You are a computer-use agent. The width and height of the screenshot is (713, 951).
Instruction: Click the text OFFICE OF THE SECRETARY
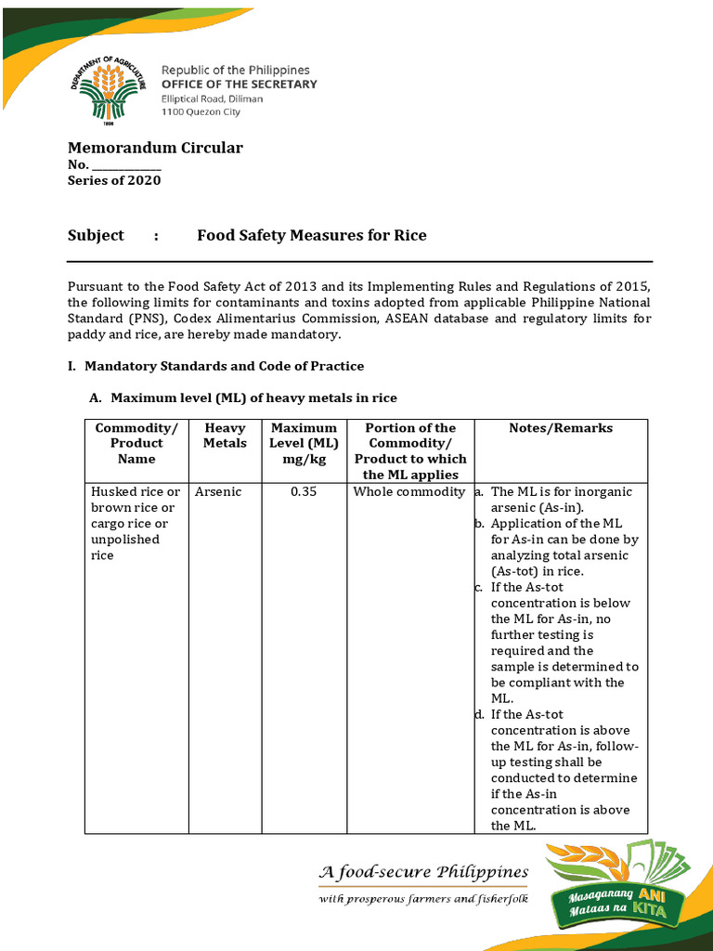tap(240, 85)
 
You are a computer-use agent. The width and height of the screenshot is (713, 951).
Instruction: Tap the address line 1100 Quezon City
tap(201, 112)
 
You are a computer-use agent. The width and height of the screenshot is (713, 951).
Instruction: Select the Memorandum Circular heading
tap(155, 148)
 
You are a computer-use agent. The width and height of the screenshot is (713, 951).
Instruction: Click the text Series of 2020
tap(114, 180)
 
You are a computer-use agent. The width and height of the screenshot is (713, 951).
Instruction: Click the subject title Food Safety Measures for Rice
tap(311, 235)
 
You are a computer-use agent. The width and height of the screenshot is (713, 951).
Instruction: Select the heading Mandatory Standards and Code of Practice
tap(224, 366)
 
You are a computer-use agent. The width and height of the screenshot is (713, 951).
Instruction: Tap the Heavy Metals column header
tap(225, 436)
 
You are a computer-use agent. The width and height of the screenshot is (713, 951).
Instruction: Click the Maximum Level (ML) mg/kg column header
tap(304, 443)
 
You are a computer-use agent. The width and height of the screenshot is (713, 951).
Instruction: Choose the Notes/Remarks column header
tap(561, 428)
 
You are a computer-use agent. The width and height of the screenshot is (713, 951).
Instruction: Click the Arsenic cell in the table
tap(218, 491)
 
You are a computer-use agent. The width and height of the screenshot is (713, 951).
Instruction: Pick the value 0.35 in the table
tap(304, 491)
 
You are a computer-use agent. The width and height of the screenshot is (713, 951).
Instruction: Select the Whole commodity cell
tap(408, 491)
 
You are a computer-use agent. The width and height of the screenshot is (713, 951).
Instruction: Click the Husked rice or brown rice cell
tap(136, 523)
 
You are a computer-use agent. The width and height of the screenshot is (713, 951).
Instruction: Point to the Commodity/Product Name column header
tap(136, 443)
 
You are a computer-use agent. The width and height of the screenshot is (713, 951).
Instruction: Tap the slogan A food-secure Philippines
tap(423, 872)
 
